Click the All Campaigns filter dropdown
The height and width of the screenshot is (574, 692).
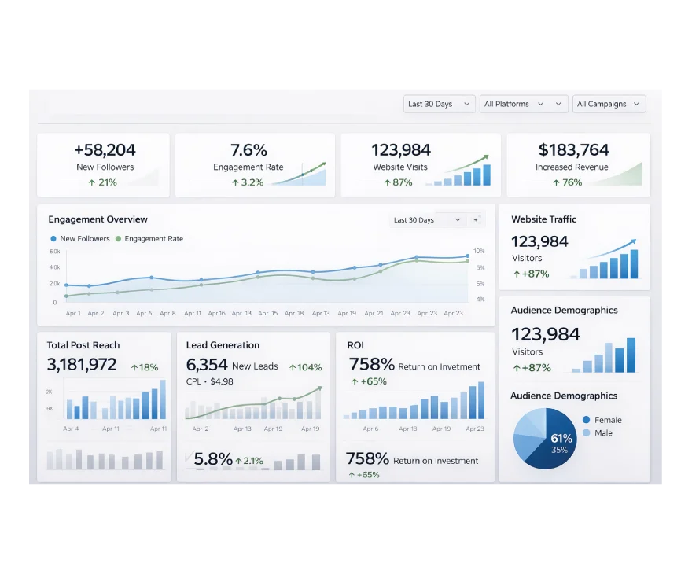(x=609, y=104)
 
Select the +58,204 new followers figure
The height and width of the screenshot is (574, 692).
(x=105, y=149)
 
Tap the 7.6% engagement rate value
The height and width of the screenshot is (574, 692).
(x=248, y=149)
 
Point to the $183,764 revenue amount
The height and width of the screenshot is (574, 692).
(x=573, y=149)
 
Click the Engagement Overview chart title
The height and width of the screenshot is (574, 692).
(x=98, y=219)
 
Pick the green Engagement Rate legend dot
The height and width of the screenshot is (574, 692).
(x=119, y=239)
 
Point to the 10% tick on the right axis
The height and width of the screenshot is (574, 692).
(x=479, y=251)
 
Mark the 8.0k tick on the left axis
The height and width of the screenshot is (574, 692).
(x=55, y=252)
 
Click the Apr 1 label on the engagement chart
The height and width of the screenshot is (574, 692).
(x=73, y=313)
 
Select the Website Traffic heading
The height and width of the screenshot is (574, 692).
(x=543, y=219)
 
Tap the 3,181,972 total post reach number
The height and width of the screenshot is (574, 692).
(x=82, y=365)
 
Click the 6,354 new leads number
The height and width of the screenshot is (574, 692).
(x=207, y=365)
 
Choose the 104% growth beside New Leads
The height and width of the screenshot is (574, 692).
(x=305, y=367)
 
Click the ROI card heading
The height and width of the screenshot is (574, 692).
(x=355, y=345)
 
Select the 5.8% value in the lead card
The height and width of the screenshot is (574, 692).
(x=213, y=459)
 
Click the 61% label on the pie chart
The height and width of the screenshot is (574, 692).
(x=561, y=438)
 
